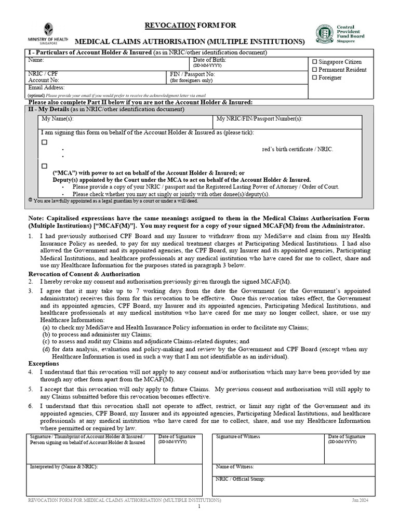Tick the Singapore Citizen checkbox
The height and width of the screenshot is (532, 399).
[314, 61]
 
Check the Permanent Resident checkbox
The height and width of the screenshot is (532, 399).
[314, 69]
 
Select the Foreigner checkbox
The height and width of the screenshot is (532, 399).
[314, 77]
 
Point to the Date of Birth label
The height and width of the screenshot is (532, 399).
[210, 60]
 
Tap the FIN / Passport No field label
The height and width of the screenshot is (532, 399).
[192, 74]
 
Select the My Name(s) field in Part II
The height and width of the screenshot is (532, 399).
[125, 122]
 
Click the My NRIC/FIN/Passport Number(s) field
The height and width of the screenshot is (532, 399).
[288, 122]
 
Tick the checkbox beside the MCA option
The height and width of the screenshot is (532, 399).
[44, 166]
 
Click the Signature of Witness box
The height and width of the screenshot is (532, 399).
[268, 450]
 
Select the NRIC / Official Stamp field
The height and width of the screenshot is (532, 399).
[294, 486]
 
